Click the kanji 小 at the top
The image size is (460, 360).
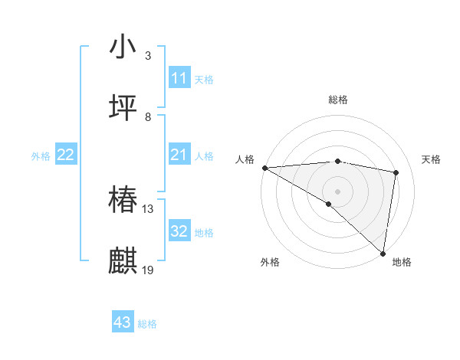123,47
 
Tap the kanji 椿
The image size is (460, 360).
123,200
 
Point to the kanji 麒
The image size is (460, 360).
123,261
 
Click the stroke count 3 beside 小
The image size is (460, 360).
148,56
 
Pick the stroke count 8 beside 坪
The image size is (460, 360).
148,117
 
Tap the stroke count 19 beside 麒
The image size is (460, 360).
148,270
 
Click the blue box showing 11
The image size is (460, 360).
179,78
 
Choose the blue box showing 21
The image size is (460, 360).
179,155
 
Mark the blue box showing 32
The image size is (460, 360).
179,231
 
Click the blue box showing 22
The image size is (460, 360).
66,155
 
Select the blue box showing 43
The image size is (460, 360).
123,322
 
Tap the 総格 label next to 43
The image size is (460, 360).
147,324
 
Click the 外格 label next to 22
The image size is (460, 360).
41,156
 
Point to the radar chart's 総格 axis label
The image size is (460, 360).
338,100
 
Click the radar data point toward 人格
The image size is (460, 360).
264,168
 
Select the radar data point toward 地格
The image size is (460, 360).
383,253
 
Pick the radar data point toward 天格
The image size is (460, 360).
396,172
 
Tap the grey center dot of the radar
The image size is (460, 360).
337,191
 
